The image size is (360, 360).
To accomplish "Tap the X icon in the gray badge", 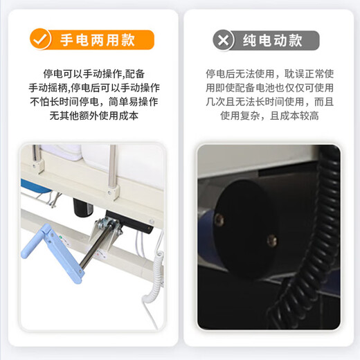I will [223, 39].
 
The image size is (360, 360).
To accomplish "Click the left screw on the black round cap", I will [219, 220].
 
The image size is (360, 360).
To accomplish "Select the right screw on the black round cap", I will [271, 241].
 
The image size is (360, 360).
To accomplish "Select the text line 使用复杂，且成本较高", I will [270, 116].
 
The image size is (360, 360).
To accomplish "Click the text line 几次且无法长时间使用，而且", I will [270, 102].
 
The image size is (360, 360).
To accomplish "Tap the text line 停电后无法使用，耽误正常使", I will [270, 73].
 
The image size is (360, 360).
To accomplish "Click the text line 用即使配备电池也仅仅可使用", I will [270, 88].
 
